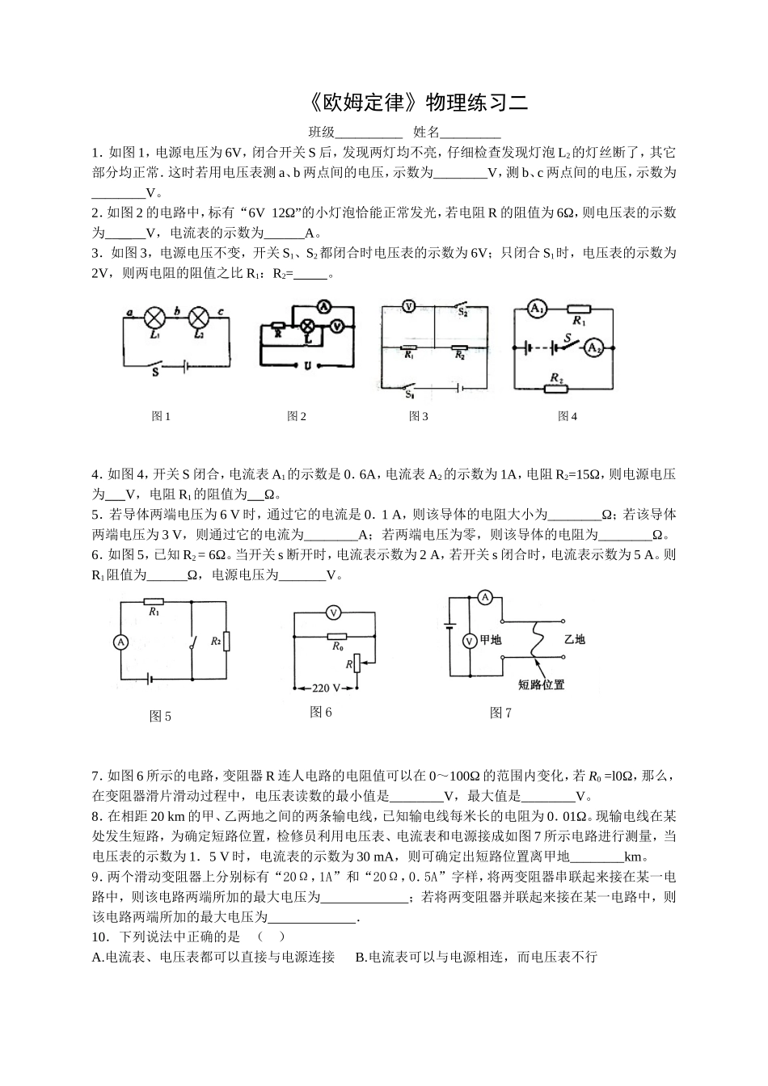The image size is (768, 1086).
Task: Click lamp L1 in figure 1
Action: [154, 316]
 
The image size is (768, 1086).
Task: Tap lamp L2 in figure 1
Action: [198, 316]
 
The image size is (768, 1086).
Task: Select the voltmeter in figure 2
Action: [340, 326]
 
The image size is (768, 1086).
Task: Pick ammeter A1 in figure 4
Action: [537, 308]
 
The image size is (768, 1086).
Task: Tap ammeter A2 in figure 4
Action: [594, 347]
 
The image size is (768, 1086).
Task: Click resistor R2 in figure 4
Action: [557, 388]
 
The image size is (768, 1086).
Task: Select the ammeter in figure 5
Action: [120, 642]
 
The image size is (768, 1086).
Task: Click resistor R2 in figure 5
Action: [227, 642]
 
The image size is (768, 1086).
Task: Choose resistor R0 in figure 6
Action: [336, 636]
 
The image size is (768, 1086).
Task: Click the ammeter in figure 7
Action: [485, 597]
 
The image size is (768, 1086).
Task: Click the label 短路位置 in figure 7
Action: [541, 684]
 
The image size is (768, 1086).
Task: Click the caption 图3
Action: [418, 416]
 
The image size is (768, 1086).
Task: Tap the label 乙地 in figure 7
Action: [575, 639]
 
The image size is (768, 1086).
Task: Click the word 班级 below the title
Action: [321, 133]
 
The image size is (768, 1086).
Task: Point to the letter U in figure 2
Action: [307, 365]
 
